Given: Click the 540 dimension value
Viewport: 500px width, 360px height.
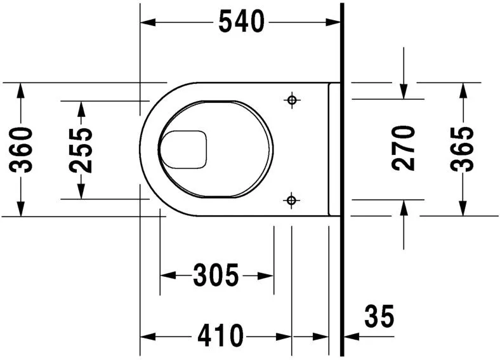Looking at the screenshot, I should pos(241,23).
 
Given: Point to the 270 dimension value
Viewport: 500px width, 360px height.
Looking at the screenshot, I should pos(404,148).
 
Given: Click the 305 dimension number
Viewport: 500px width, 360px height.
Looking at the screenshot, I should pos(216,276).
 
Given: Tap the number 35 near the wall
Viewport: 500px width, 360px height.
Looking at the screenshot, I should pos(379,316).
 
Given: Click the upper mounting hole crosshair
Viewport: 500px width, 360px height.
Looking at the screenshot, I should pos(291,100).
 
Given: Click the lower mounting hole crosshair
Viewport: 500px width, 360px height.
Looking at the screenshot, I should pos(291,201).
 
